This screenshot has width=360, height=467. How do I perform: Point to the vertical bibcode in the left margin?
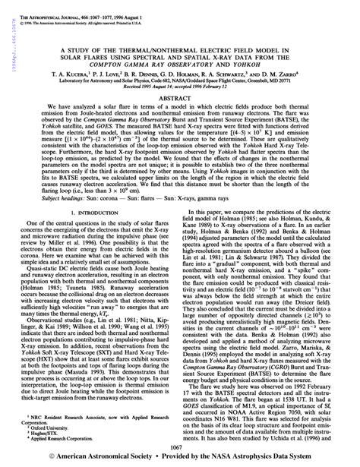6,30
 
